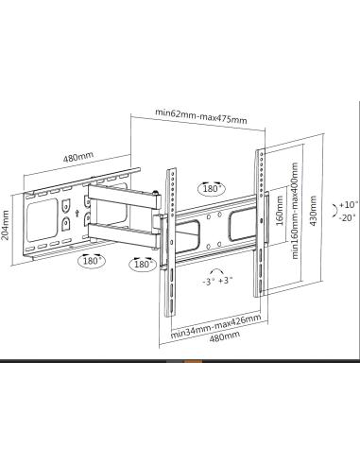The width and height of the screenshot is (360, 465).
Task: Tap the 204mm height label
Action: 6,225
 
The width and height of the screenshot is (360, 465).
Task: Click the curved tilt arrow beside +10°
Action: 332,210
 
